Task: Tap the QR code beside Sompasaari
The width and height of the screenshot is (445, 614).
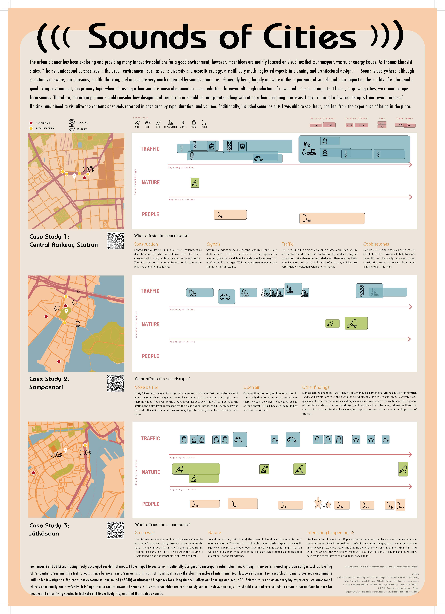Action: point(116,383)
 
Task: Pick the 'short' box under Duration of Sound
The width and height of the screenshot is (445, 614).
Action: point(349,125)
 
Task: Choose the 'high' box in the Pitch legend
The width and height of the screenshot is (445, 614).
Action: point(382,123)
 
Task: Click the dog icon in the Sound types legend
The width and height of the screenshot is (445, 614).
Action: point(158,123)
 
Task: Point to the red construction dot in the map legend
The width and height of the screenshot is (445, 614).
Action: point(31,123)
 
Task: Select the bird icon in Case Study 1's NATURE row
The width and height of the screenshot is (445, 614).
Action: point(195,183)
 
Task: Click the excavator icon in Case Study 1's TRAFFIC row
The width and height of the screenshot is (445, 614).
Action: point(309,149)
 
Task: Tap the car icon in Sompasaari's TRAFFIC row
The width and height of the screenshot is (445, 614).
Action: point(225,297)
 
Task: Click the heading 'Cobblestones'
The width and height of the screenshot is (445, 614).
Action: point(376,244)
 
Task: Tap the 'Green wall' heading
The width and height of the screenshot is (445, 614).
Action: point(144,532)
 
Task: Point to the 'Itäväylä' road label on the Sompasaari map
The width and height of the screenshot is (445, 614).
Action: point(76,291)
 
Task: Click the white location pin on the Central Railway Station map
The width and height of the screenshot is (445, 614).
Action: point(74,176)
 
